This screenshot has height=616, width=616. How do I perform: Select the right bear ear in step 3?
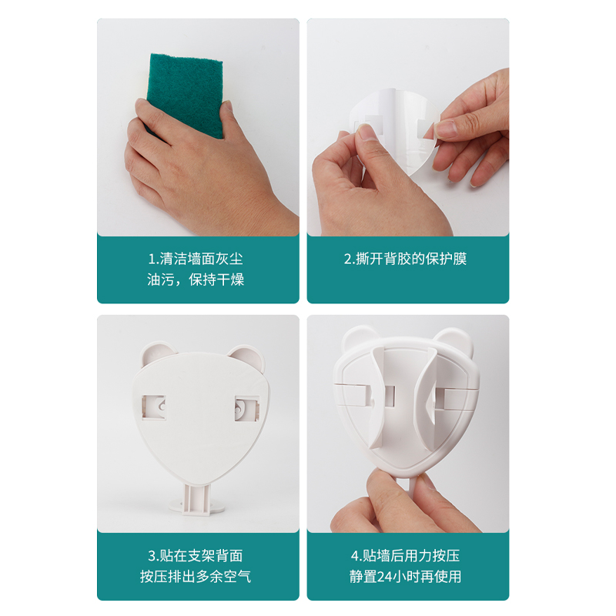tap(244, 356)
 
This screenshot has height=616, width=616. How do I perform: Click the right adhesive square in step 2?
tap(426, 128)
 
